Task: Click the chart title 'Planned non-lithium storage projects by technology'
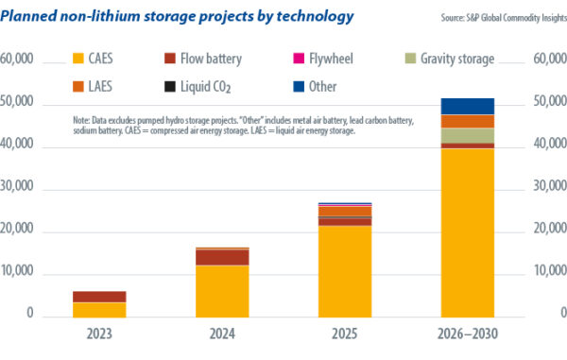click(179, 16)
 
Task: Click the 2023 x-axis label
click(99, 334)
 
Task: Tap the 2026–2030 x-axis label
click(467, 334)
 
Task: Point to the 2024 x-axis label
click(221, 334)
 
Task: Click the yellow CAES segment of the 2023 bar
click(99, 309)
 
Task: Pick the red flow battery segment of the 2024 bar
click(221, 257)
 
